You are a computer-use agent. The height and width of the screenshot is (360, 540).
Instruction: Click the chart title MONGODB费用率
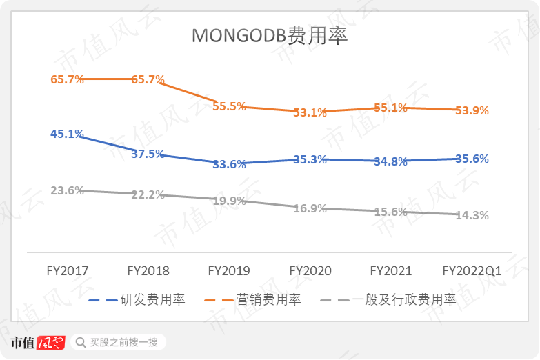(270, 36)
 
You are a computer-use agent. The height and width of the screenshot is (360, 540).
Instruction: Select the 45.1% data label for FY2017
(67, 134)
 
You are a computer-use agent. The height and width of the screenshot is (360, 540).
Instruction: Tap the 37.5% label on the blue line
(148, 154)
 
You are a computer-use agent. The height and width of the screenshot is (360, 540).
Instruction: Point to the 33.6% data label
(229, 164)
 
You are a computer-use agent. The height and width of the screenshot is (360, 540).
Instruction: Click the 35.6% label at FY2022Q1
(472, 159)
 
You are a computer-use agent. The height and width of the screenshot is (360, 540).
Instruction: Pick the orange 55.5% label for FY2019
(229, 106)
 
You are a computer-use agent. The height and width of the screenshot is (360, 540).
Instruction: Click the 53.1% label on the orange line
(310, 112)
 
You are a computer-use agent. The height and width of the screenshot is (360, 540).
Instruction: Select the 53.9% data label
(472, 110)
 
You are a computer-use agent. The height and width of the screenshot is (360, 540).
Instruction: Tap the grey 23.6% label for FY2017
(67, 190)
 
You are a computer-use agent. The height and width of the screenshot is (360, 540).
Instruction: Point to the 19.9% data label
(229, 201)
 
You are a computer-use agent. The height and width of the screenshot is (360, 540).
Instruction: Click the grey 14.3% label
(472, 215)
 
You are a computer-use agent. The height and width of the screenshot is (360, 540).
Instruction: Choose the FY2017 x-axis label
(67, 271)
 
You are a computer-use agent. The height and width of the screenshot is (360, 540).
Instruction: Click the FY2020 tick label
(310, 271)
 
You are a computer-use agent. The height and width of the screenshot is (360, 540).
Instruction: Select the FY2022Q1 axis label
(472, 271)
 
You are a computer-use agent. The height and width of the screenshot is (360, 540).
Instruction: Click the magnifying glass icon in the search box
(81, 342)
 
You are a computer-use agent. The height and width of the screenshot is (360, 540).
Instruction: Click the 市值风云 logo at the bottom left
(38, 342)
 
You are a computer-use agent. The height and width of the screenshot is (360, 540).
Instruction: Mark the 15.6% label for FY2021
(390, 212)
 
